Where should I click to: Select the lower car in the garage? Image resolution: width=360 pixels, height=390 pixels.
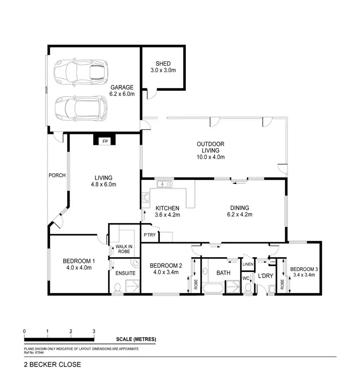80,108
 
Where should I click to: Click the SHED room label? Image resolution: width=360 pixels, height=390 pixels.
163,64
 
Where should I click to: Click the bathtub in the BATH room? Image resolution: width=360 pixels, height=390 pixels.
214,289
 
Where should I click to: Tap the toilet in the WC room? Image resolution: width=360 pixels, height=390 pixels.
248,288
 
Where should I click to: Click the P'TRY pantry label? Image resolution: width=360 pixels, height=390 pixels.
149,235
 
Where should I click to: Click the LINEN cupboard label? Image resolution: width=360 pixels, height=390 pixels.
247,264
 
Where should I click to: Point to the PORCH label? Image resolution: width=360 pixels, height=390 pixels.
57,175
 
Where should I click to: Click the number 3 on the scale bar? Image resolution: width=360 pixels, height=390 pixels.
94,331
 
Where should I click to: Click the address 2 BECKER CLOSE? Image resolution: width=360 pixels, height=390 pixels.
52,364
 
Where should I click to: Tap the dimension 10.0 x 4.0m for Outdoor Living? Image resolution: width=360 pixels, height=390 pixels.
211,157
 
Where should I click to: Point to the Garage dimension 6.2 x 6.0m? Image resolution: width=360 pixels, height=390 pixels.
122,94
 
